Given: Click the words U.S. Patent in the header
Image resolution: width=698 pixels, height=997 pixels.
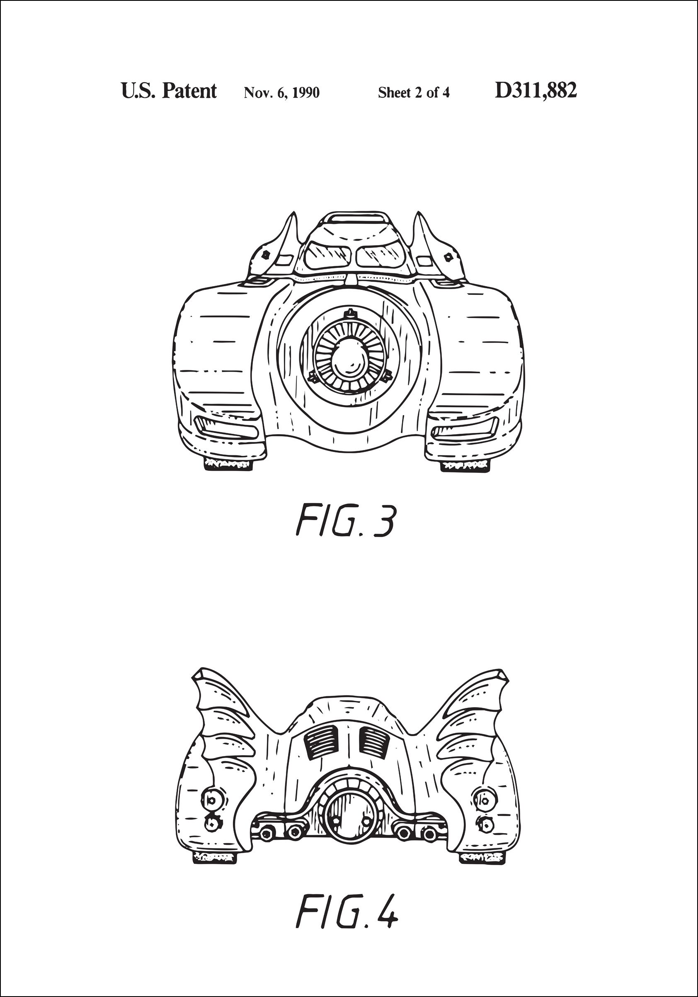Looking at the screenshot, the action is pos(168,91).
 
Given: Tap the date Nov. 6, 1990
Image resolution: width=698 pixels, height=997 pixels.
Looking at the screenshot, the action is pos(282,92).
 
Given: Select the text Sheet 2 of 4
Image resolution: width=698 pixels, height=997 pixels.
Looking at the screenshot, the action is pos(414,92).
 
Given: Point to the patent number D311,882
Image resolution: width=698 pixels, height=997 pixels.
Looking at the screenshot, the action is pos(536,91).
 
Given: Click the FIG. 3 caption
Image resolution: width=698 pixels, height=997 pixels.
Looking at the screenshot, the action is pos(346,520).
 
